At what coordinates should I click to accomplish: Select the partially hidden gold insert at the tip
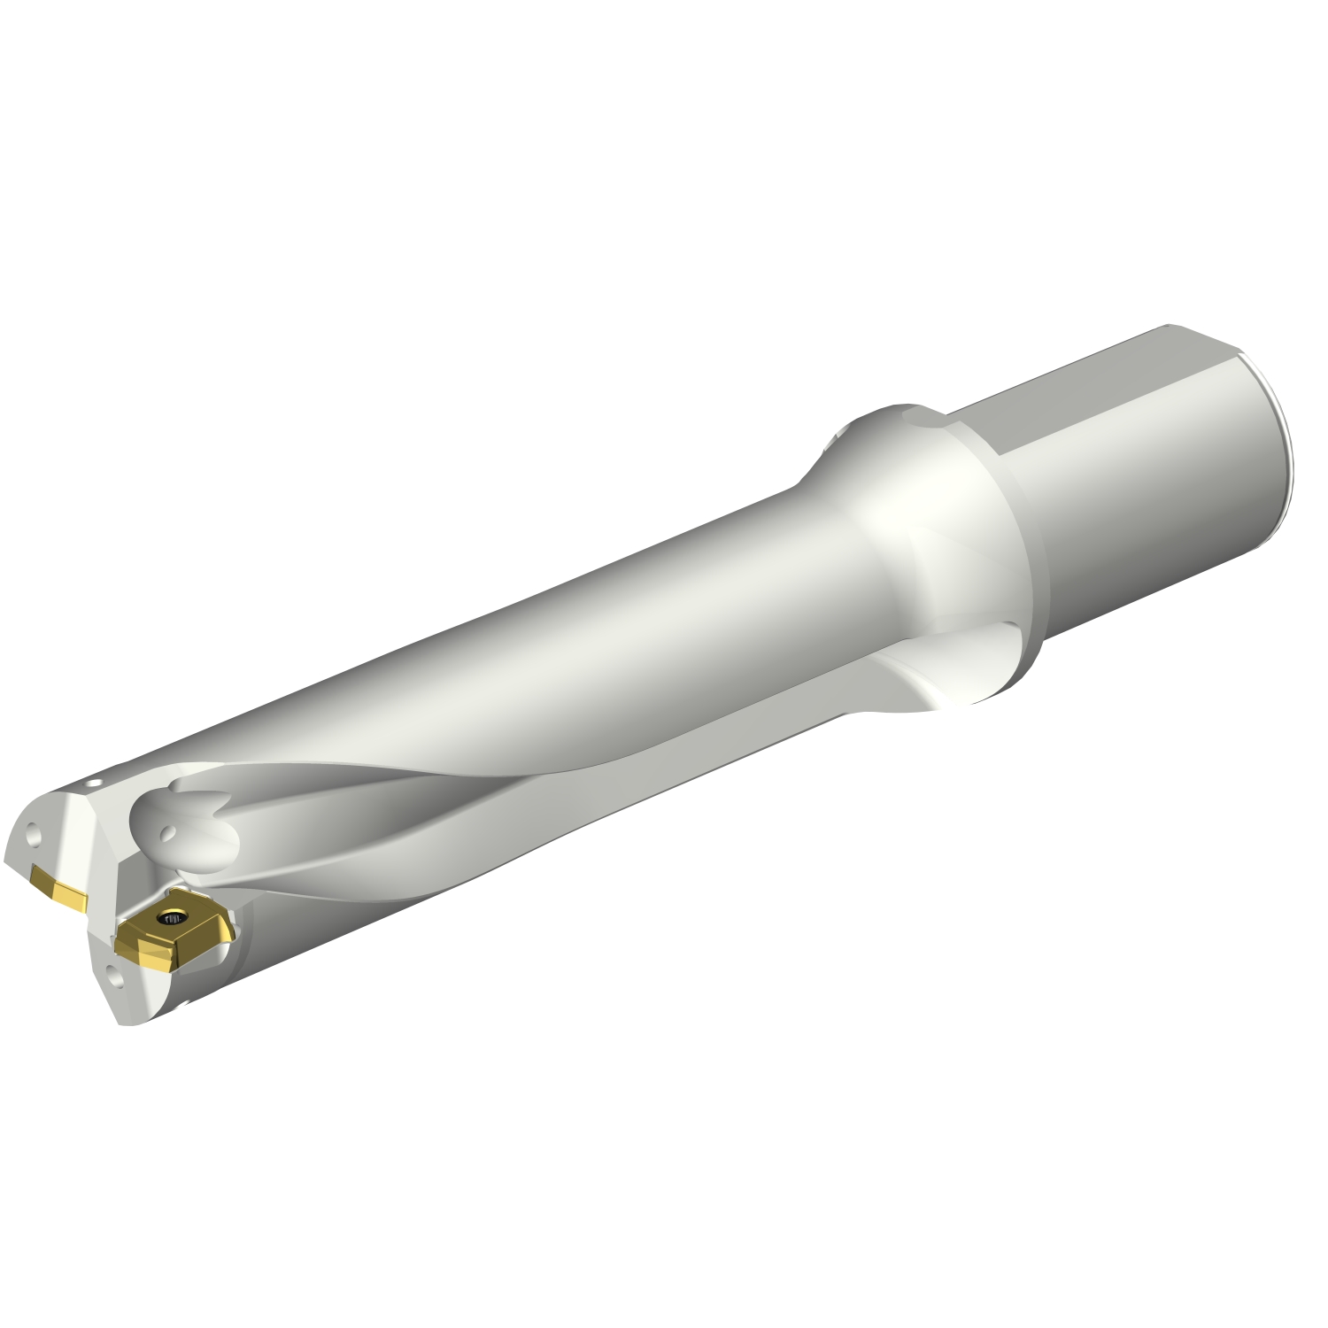(x=58, y=886)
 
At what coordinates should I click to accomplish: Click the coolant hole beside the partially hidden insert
(x=34, y=834)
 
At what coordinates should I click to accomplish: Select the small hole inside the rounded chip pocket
(x=165, y=831)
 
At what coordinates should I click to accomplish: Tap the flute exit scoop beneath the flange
(x=938, y=664)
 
